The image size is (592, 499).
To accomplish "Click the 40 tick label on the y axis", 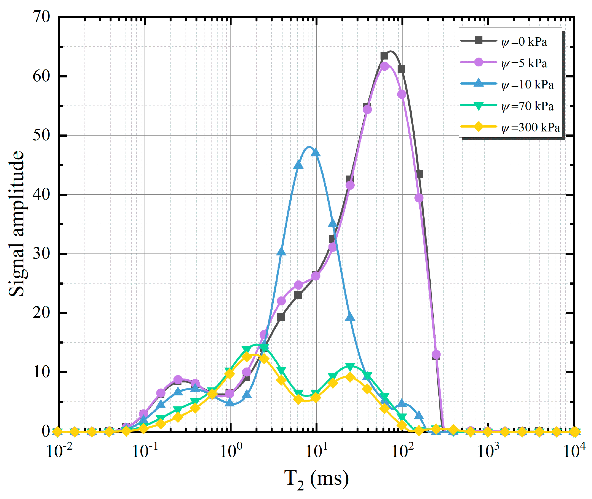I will point(41,194).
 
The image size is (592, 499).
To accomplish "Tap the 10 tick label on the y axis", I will point(41,372).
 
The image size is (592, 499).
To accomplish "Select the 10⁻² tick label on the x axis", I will point(59,450).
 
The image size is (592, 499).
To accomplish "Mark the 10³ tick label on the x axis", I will point(488,450).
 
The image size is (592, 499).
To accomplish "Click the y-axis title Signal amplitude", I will point(17,223).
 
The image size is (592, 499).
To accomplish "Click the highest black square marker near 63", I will point(384,56).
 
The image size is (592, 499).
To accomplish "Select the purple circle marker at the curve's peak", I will point(384,66).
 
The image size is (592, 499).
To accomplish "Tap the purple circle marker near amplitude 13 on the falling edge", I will point(436,354).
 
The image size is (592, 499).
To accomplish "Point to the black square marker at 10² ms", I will point(401,69).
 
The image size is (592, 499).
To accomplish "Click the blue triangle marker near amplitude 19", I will point(350,317).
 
